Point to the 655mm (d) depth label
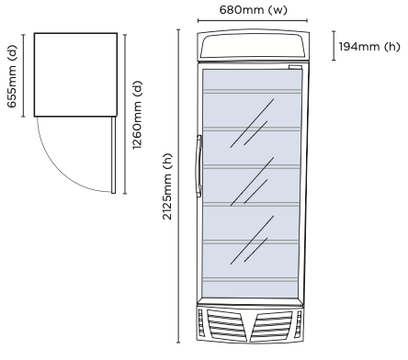pos(12,74)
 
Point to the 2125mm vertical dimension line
pos(177,185)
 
